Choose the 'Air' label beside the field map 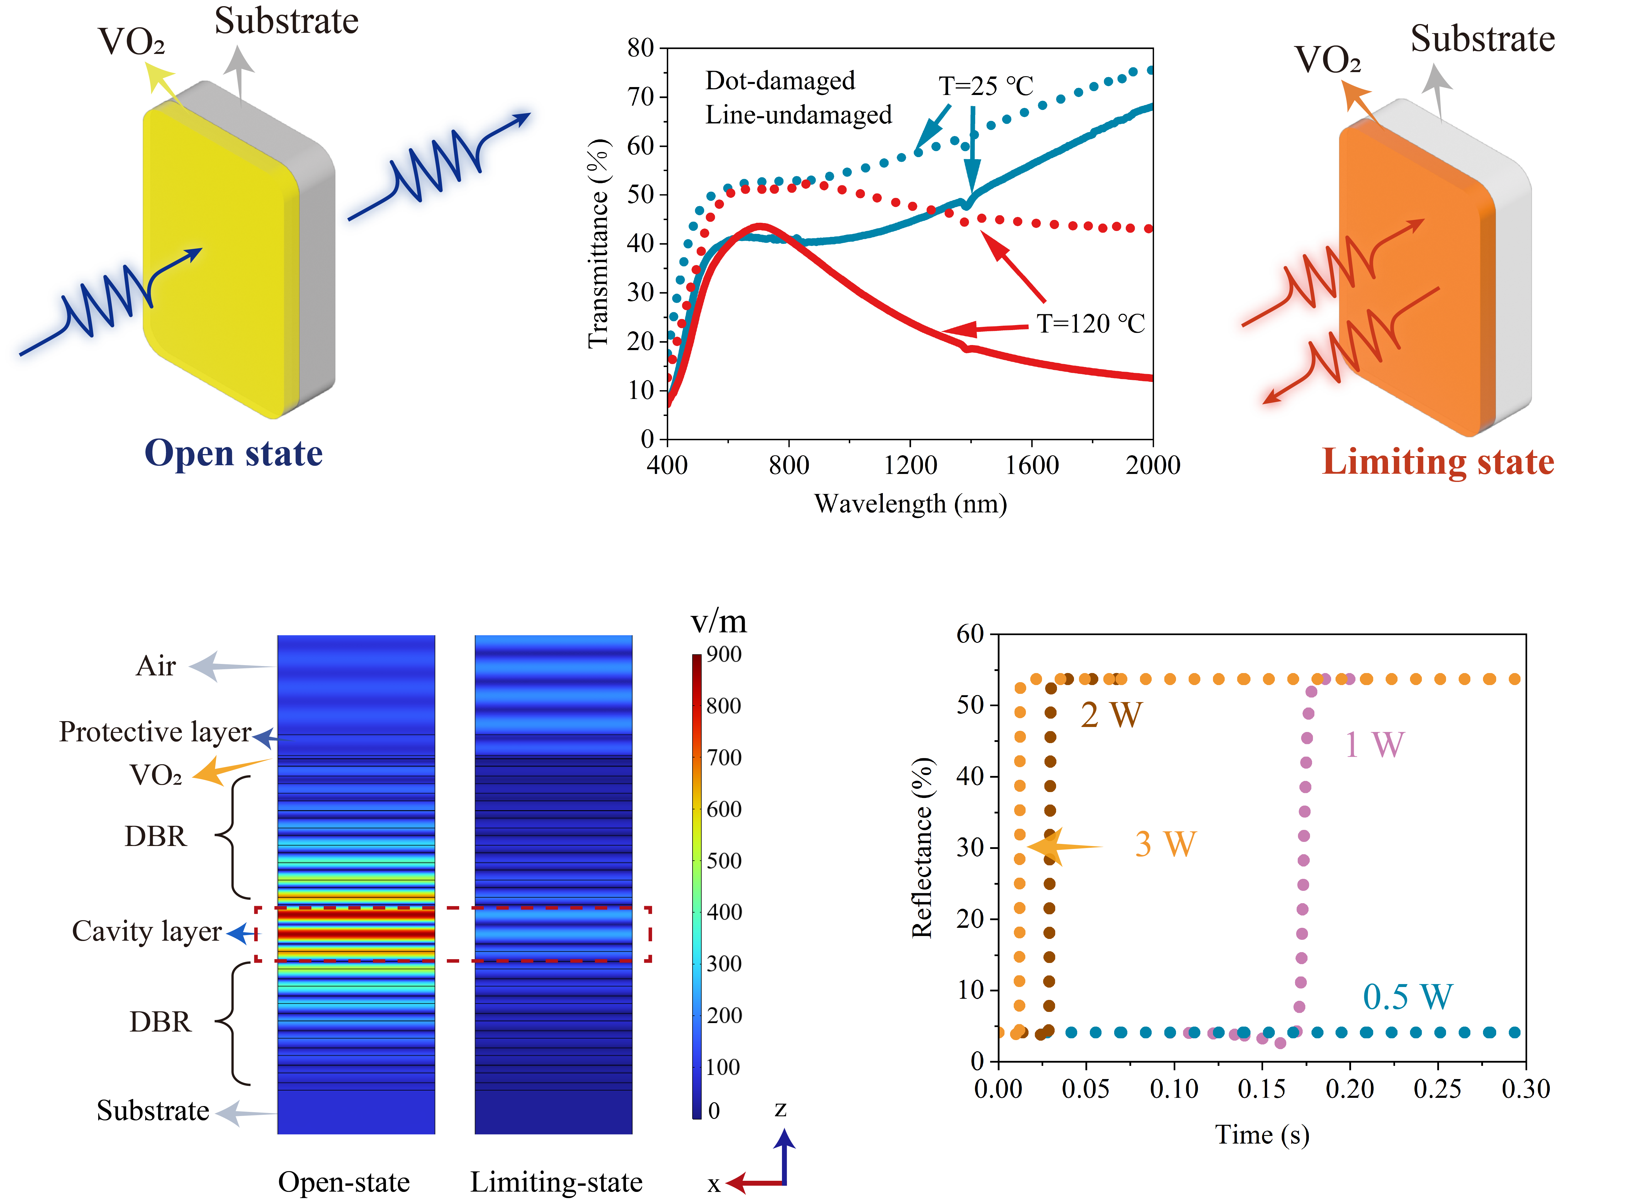(x=156, y=666)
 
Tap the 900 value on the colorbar (x=724, y=654)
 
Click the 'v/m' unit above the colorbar (x=718, y=621)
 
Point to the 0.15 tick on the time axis (x=1262, y=1089)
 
